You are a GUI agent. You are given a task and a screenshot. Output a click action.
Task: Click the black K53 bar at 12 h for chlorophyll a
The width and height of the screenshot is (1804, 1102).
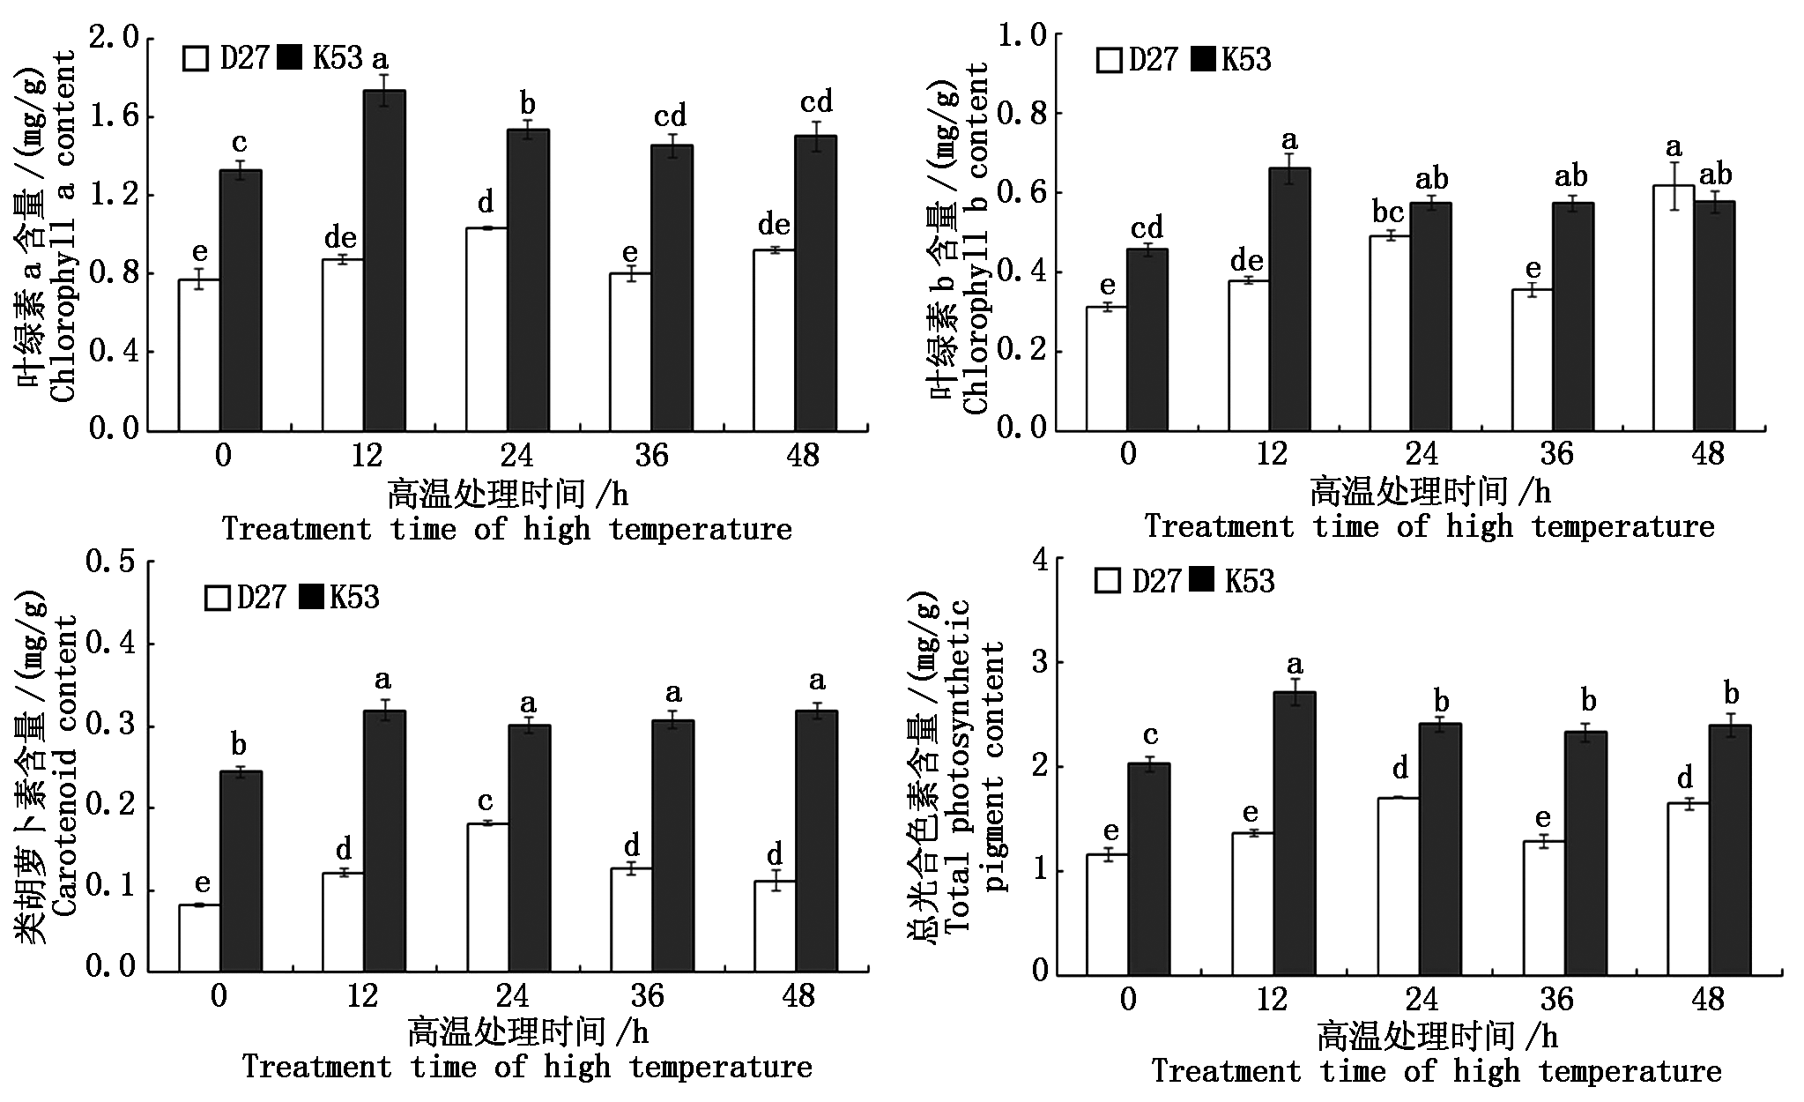(385, 260)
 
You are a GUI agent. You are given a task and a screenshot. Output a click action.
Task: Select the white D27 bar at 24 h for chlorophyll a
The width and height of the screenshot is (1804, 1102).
(486, 329)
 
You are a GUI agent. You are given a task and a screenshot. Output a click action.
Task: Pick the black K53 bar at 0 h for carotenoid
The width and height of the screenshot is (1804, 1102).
(241, 871)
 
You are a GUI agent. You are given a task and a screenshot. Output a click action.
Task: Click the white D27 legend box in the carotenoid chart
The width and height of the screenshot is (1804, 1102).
(217, 599)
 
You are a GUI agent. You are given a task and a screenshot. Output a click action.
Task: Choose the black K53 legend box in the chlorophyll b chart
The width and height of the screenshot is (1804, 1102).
(1202, 60)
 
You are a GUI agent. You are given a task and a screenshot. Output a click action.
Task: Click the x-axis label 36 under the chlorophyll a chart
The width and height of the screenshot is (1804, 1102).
(651, 455)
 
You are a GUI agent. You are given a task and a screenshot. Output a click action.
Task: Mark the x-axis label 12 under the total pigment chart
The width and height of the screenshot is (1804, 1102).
(1272, 999)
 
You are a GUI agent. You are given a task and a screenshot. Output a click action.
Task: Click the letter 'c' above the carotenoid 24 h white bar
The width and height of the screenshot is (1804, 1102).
(486, 801)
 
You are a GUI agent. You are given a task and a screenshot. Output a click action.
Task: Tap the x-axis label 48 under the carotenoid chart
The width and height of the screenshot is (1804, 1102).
(799, 996)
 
